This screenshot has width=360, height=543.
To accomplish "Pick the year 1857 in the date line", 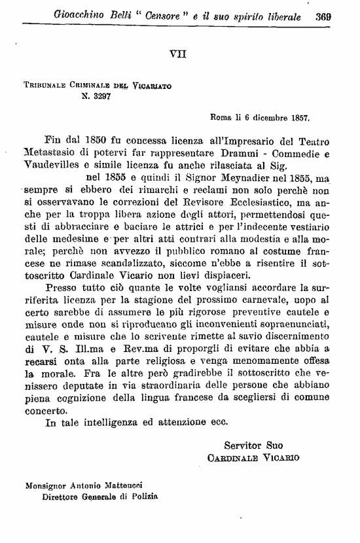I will [296, 119].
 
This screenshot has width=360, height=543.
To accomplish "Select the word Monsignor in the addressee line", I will [45, 486].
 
